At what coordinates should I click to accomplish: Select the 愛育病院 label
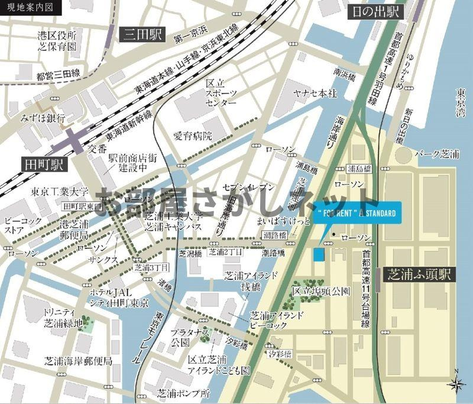[x=192, y=136]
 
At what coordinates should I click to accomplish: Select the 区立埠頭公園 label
[x=321, y=291]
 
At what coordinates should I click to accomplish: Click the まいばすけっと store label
[x=280, y=221]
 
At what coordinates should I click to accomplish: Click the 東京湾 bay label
[x=461, y=102]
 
